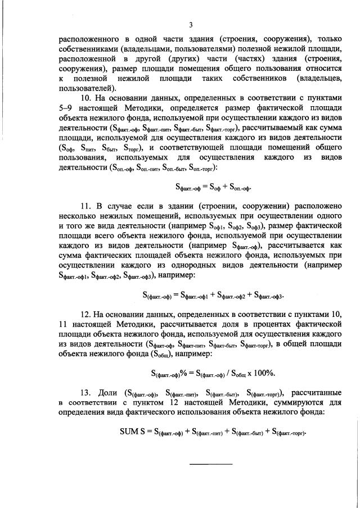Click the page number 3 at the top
(x=191, y=25)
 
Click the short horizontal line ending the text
(x=210, y=464)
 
